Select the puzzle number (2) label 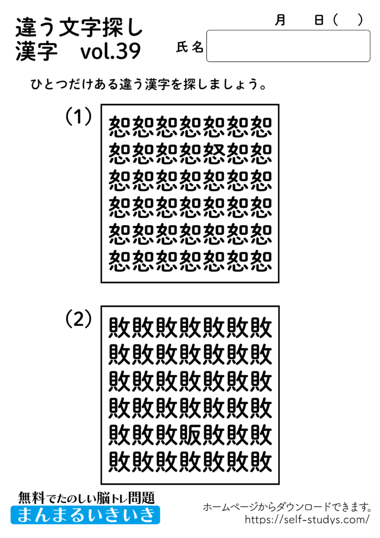pos(79,319)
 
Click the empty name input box pos(288,46)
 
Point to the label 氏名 pos(189,47)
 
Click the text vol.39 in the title pos(111,52)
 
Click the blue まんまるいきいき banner pos(85,514)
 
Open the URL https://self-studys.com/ pos(307,520)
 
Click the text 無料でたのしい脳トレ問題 pos(86,496)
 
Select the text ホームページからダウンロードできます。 pos(288,507)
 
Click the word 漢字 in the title pos(36,52)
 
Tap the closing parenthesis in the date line pos(360,20)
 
